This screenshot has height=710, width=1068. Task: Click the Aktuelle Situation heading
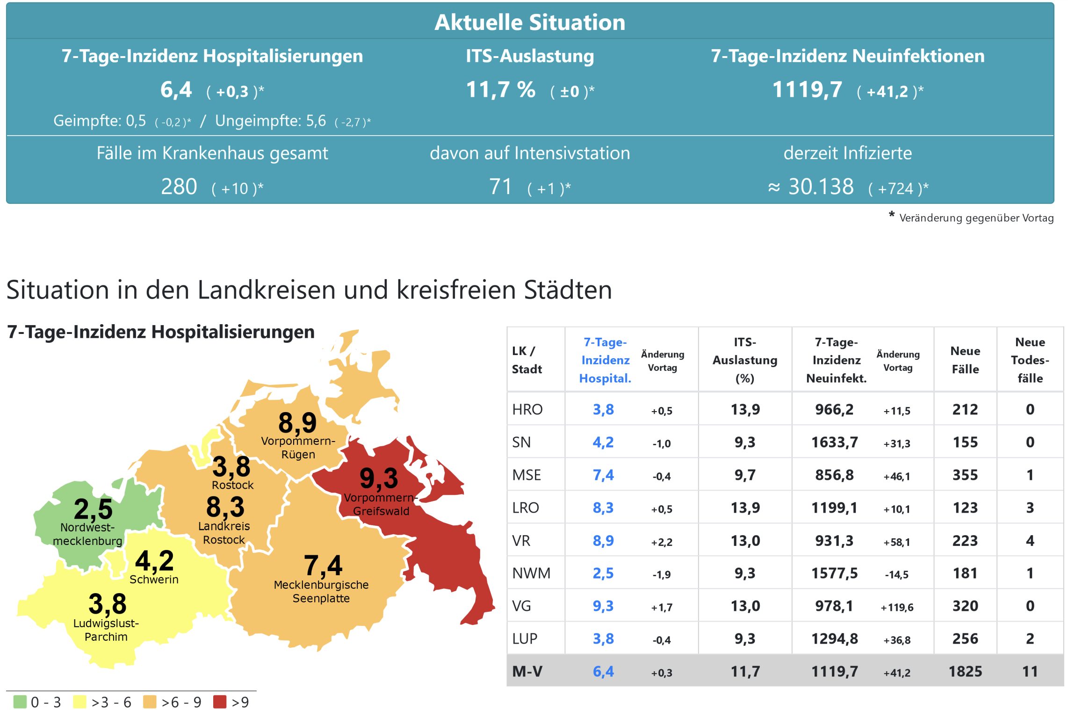coord(529,22)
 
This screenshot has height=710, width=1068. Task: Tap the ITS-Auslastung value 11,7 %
coord(500,89)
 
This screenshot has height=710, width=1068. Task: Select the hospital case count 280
coord(179,187)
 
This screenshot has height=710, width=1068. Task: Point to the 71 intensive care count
coord(500,187)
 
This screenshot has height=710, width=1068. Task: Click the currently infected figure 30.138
coord(821,187)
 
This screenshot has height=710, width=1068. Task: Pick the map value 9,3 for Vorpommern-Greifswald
coord(378,478)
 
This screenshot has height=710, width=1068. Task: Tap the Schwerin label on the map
coord(154,580)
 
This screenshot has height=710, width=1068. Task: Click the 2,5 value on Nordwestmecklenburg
coord(93,509)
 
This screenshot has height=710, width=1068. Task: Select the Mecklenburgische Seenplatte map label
coord(321,592)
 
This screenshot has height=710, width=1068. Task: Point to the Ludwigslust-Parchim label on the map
coord(106,630)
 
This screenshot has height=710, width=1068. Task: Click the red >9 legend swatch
coord(219,702)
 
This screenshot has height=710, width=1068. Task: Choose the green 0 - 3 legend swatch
coord(20,702)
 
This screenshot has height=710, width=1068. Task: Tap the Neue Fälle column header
coord(965,360)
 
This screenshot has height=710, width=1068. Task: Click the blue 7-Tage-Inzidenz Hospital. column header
coord(605,360)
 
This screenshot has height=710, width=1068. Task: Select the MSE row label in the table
coord(527,475)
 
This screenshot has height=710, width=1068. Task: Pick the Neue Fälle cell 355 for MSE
coord(965,475)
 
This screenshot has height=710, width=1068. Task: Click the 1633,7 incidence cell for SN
coord(834,442)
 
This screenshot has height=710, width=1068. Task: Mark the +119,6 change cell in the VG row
coord(897,607)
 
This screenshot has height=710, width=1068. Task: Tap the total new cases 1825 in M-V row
coord(965,672)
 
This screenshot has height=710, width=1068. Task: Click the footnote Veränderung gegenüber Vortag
coord(976,218)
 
